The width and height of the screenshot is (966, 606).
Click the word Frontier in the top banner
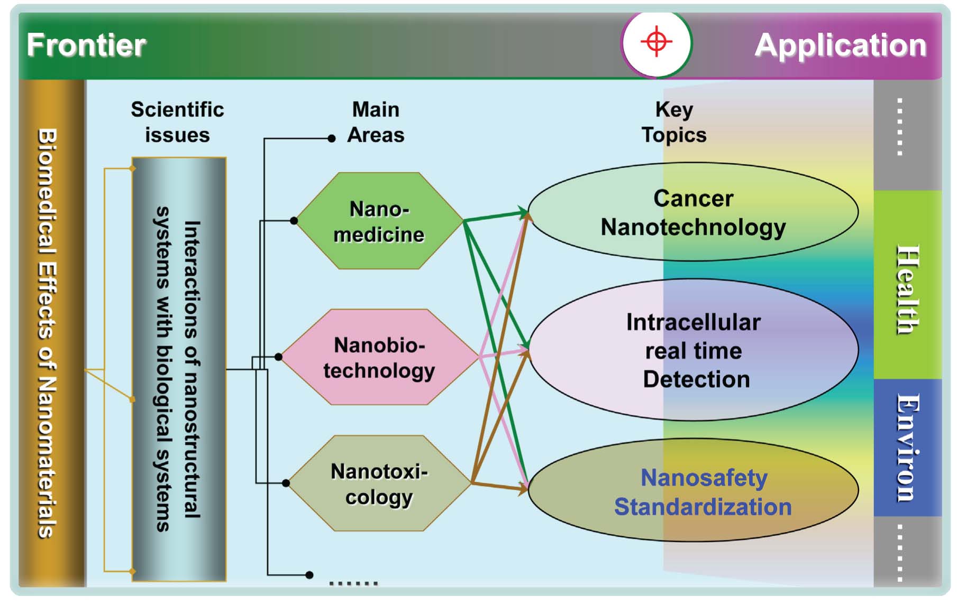click(x=86, y=45)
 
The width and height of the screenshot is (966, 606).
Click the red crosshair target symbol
click(x=656, y=41)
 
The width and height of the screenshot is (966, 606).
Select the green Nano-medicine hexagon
click(x=379, y=221)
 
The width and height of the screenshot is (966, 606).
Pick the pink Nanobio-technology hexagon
click(x=379, y=357)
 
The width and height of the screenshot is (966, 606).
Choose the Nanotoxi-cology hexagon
click(x=379, y=483)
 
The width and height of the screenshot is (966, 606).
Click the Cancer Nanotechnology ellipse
click(x=693, y=212)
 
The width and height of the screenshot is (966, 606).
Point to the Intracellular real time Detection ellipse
click(x=694, y=350)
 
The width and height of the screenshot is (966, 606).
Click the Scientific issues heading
click(x=177, y=122)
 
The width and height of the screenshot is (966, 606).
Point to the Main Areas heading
click(x=376, y=122)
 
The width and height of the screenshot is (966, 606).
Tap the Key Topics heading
click(x=674, y=122)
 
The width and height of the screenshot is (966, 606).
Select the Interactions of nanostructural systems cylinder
click(x=179, y=369)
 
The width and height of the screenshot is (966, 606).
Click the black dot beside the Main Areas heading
click(x=332, y=138)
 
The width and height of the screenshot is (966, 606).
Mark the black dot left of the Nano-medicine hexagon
click(x=294, y=221)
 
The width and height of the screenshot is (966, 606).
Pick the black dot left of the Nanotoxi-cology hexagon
click(x=286, y=483)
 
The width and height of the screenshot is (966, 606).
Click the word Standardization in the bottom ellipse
click(x=703, y=507)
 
